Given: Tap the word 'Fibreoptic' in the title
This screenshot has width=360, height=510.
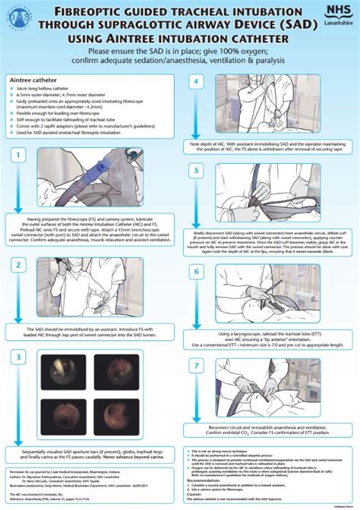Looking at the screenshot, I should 86,10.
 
